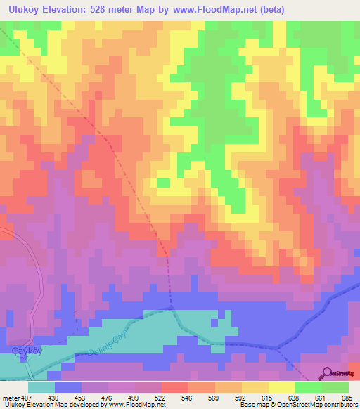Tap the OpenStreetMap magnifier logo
click(327, 373)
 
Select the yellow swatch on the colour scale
click(281, 387)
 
